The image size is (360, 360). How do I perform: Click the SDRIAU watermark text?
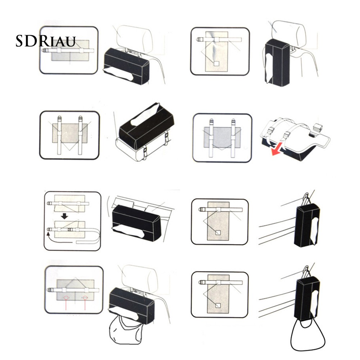point(45,41)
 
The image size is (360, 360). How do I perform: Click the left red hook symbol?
point(66,298)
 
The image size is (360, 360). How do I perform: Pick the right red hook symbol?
point(85,298)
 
